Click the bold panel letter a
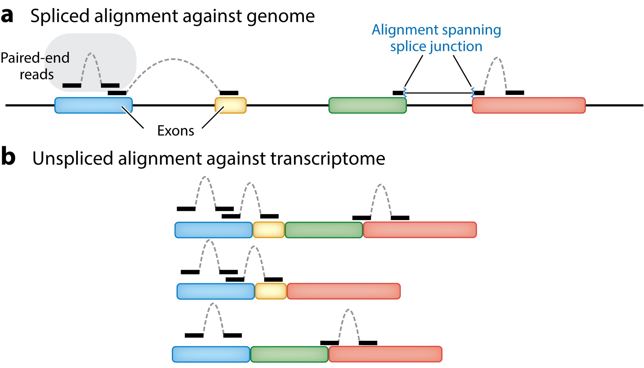tap(7, 16)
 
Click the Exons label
tap(176, 131)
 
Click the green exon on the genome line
tap(367, 105)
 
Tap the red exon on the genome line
tap(529, 105)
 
